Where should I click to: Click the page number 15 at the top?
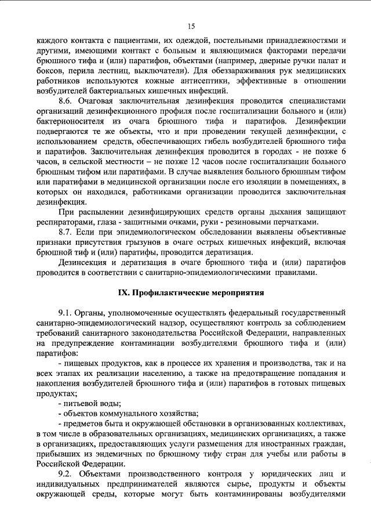(x=191, y=26)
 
